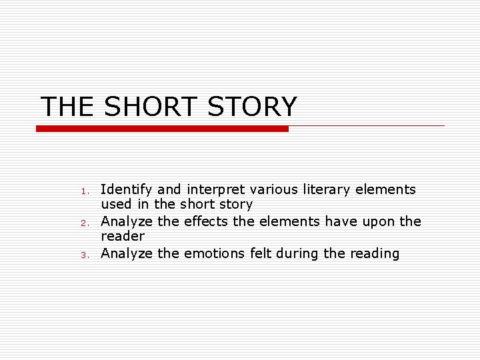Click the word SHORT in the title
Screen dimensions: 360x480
(x=151, y=107)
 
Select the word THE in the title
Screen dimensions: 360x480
(x=67, y=107)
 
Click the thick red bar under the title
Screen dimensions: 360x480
(x=162, y=129)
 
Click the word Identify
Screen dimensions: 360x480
(x=127, y=190)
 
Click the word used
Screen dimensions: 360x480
(x=115, y=205)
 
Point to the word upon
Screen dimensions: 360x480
(x=375, y=221)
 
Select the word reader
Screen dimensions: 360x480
(x=123, y=237)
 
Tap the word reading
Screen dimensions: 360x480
(x=375, y=253)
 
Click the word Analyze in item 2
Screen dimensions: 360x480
(x=127, y=221)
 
